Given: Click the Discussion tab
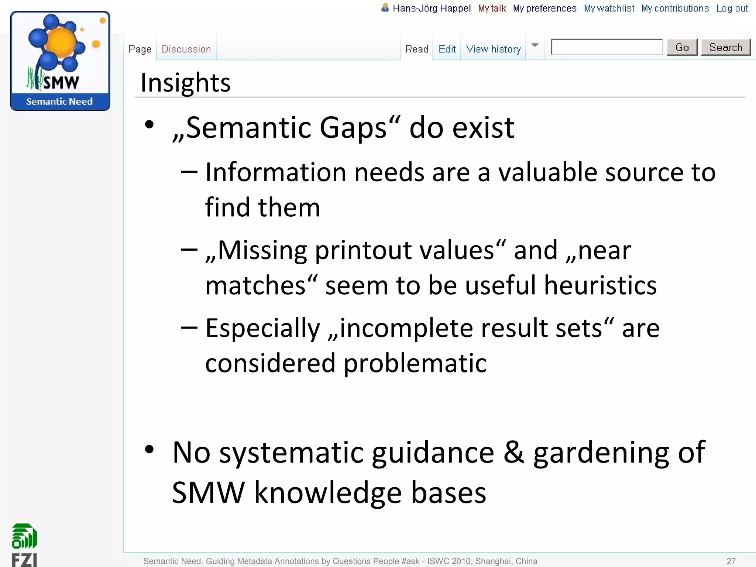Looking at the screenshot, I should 186,49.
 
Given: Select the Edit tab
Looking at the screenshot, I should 447,49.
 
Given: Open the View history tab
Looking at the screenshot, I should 493,49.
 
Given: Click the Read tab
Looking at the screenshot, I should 416,49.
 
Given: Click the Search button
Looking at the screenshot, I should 725,48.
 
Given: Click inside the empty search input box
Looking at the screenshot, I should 606,47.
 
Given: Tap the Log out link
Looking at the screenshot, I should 732,8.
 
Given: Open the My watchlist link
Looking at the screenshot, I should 609,8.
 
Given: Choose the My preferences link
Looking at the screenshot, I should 544,8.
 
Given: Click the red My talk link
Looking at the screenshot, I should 492,8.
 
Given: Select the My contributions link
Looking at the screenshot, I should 675,8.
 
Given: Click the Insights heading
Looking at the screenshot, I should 185,83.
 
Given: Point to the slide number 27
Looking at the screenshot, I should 731,561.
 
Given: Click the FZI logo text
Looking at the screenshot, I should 24,559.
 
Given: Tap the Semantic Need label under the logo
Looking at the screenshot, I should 59,102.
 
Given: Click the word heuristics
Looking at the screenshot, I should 600,285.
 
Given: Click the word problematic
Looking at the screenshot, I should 415,363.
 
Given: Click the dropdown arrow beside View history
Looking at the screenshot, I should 535,45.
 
